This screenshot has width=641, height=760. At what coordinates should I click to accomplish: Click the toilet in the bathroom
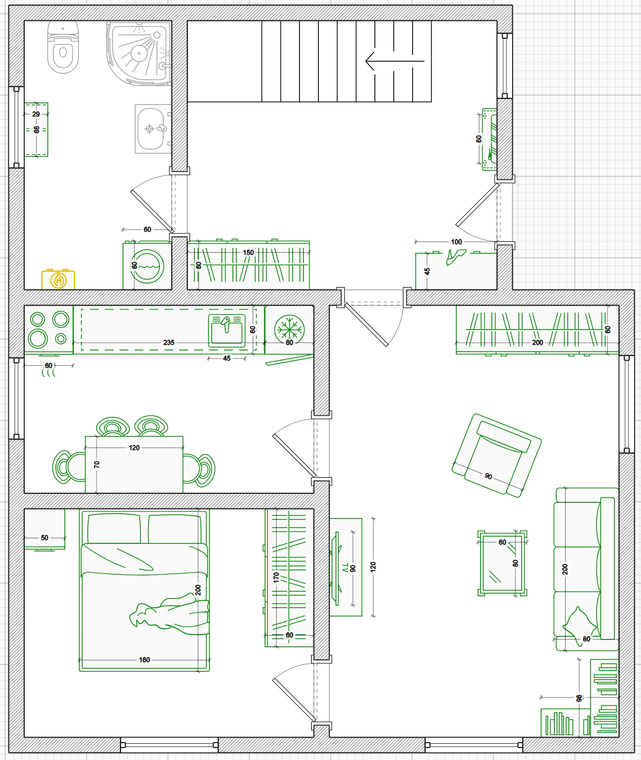[x=63, y=47]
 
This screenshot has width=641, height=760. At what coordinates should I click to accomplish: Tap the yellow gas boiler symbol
[x=59, y=280]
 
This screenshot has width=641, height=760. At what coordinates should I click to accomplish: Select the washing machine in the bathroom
[x=147, y=266]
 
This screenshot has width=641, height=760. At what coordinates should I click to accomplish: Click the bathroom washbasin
[x=151, y=129]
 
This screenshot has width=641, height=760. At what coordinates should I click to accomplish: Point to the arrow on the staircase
[x=395, y=61]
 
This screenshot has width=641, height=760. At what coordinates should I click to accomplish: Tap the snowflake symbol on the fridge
[x=289, y=329]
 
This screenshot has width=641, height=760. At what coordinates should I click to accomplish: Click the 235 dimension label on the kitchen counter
[x=169, y=343]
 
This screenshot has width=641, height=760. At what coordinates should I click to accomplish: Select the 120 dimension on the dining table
[x=134, y=448]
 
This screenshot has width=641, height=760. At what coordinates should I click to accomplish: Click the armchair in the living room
[x=496, y=455]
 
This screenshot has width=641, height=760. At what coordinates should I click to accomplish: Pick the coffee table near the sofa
[x=502, y=563]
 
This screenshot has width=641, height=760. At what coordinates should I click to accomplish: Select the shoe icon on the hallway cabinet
[x=456, y=257]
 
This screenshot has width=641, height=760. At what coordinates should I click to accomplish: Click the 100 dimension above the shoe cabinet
[x=456, y=242]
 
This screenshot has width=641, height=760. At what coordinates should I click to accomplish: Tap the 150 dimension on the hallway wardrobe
[x=248, y=253]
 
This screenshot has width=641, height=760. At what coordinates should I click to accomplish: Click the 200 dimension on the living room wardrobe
[x=537, y=343]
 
